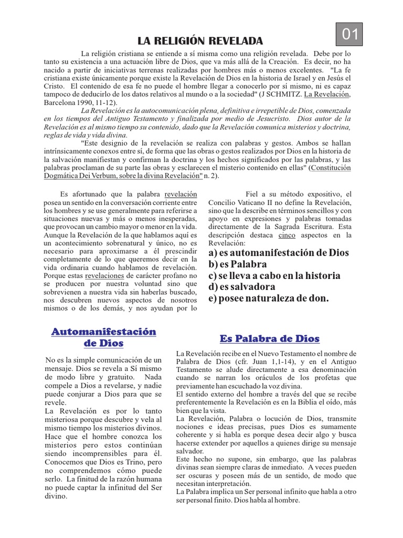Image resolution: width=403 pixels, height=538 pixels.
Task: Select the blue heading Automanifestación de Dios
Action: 103,337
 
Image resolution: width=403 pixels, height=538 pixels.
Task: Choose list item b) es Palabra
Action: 237,264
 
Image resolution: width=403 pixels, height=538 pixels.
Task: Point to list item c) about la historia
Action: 274,275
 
